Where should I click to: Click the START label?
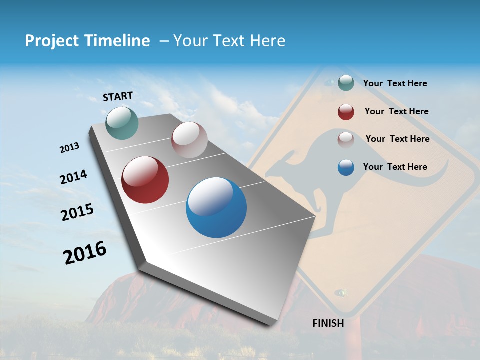coord(118,96)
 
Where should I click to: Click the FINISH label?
coord(328,323)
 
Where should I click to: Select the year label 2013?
coord(69,148)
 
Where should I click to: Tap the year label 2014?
coord(73,177)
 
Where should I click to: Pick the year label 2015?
coord(77,212)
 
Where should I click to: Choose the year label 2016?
coord(85,253)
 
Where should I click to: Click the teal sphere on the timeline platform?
coord(122,123)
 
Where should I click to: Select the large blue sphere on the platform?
coord(216,207)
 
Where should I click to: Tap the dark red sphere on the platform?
coord(145,180)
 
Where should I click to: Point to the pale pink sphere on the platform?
coord(189,140)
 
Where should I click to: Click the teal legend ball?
coord(346,83)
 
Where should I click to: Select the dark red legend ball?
coord(346,112)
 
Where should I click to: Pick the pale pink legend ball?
coord(346,139)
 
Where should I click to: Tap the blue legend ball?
coord(346,167)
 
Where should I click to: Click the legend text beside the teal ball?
coord(395,83)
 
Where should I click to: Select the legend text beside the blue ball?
coord(395,167)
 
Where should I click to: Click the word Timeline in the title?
coord(118,41)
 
